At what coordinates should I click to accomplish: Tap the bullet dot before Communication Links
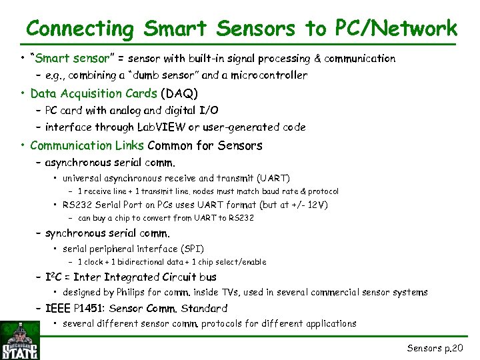tap(23, 145)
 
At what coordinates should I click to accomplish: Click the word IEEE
tap(58, 309)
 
